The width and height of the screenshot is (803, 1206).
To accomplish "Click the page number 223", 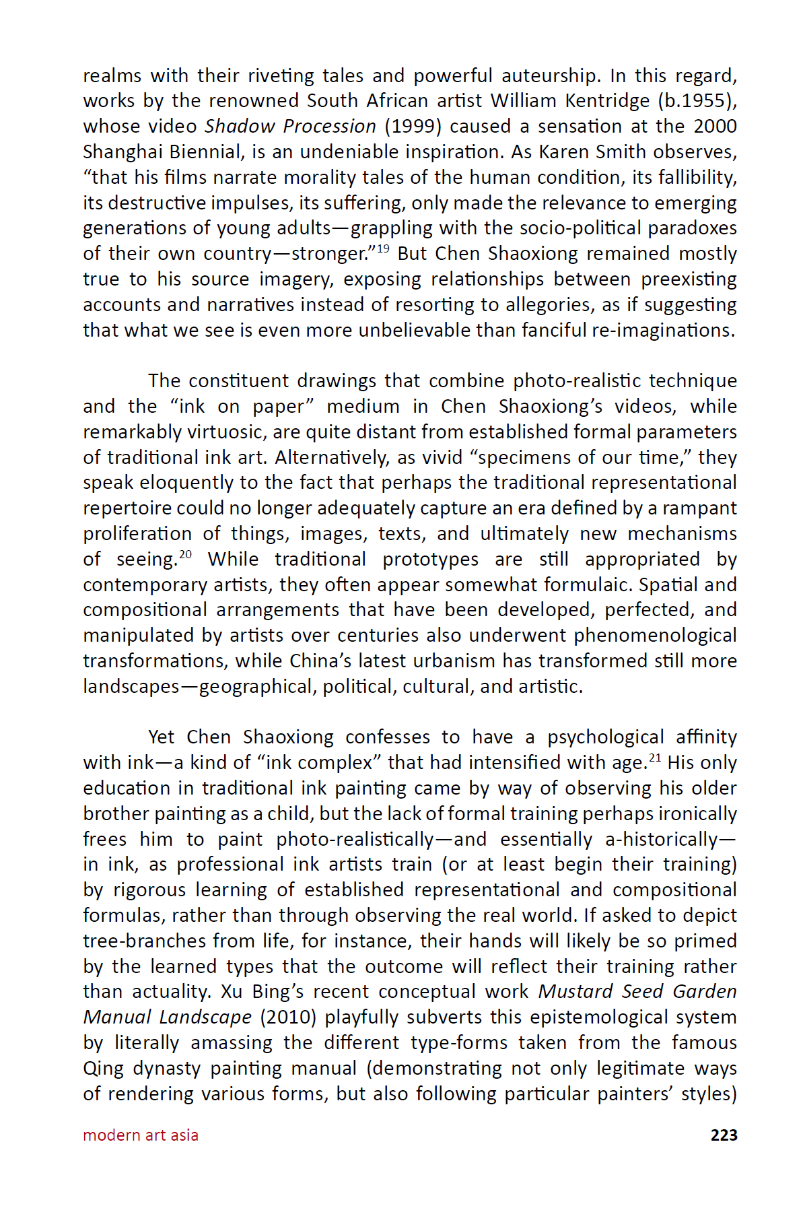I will pos(724,1135).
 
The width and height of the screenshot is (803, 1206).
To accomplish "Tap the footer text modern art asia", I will pos(141,1135).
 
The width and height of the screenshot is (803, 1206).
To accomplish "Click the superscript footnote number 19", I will pos(382,249).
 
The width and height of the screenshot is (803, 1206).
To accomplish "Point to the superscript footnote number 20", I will pos(185,554).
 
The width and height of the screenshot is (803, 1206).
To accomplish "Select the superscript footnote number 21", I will pos(654,758).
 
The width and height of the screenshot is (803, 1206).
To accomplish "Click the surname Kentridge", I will pos(607,101).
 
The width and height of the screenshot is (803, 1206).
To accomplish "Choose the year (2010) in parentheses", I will pos(288,1017).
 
